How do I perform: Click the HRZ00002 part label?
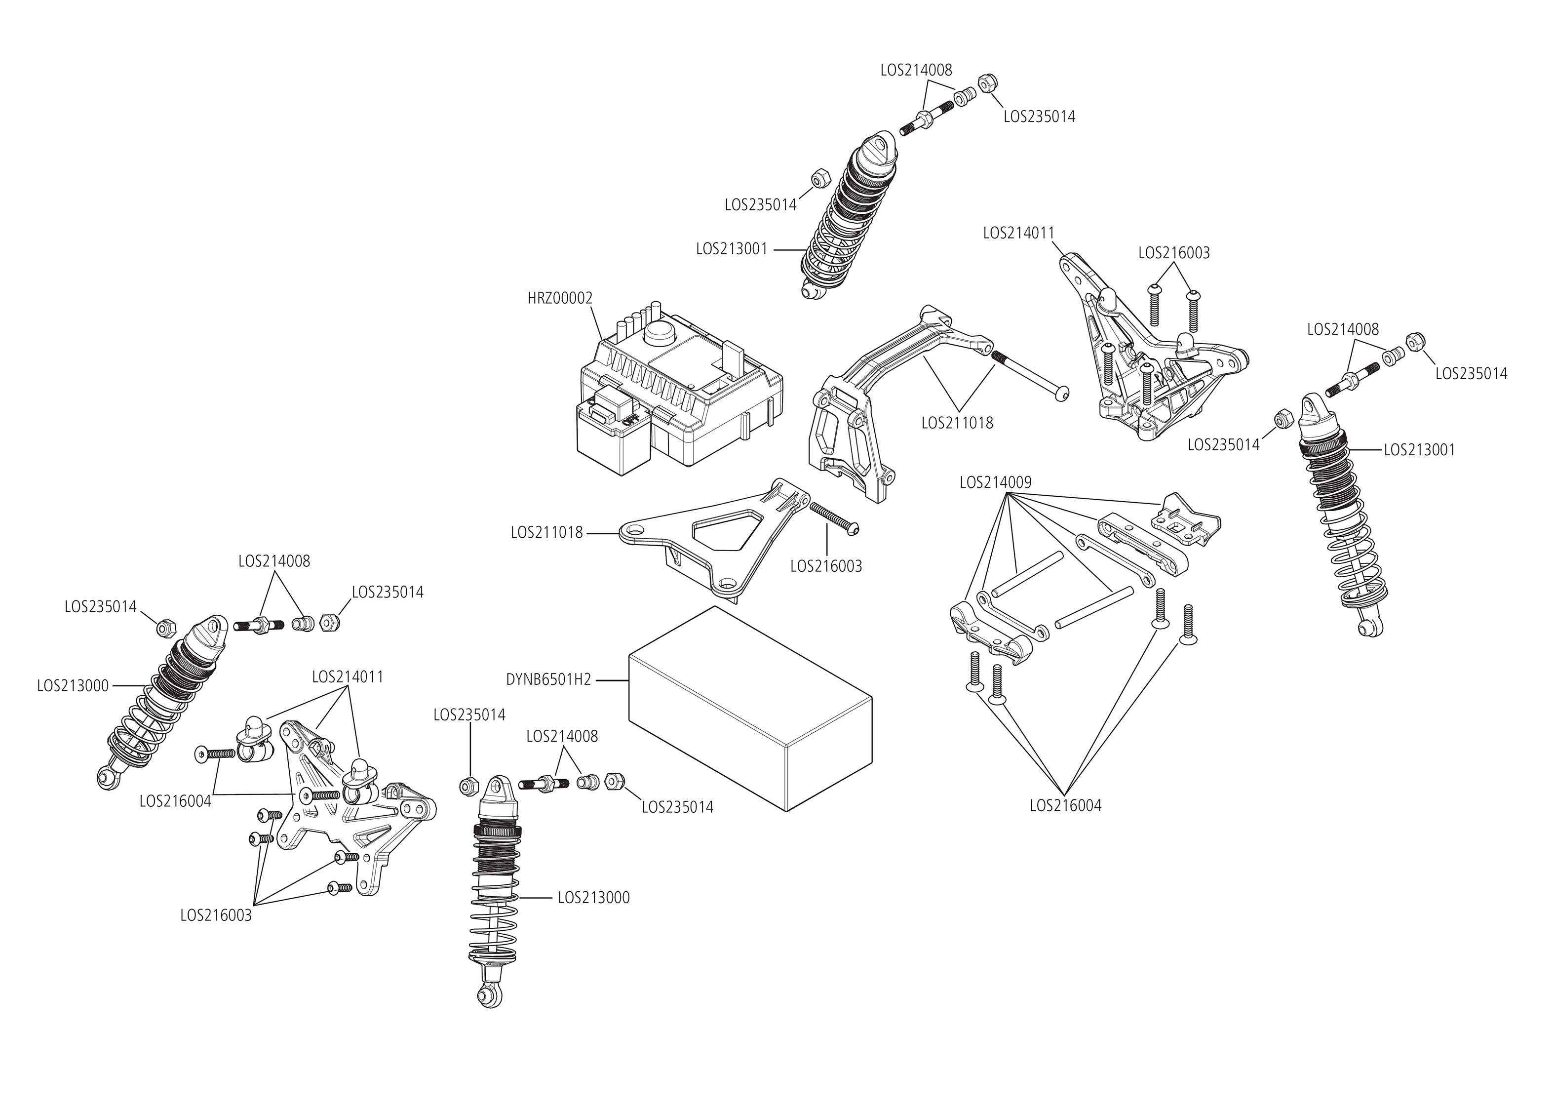(559, 298)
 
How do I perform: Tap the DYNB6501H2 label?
(548, 680)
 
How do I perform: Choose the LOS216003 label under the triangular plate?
(825, 566)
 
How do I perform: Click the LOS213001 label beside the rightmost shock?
(1420, 450)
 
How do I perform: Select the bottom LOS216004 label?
(1065, 806)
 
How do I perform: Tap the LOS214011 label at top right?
(1019, 233)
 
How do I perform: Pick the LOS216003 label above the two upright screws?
(1173, 253)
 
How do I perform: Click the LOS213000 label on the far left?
(73, 685)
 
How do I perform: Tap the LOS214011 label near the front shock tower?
(348, 676)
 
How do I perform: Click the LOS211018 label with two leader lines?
(957, 423)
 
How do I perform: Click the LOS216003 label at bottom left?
(216, 915)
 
